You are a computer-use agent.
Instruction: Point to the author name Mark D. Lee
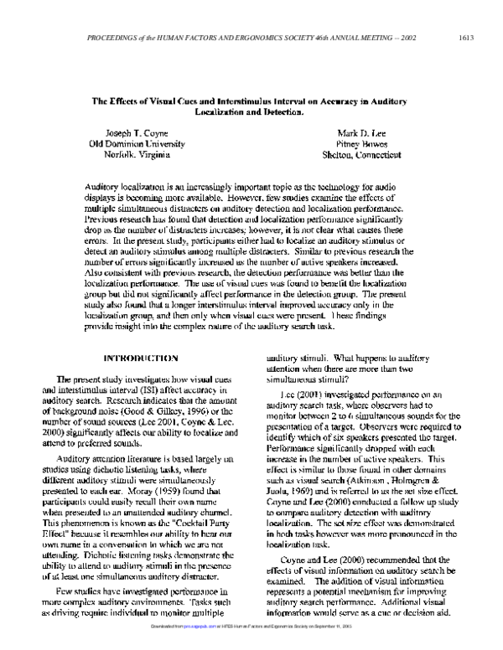pyautogui.click(x=363, y=132)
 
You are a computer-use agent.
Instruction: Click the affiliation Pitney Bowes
pyautogui.click(x=363, y=143)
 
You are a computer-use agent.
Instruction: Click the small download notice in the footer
pyautogui.click(x=251, y=645)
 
